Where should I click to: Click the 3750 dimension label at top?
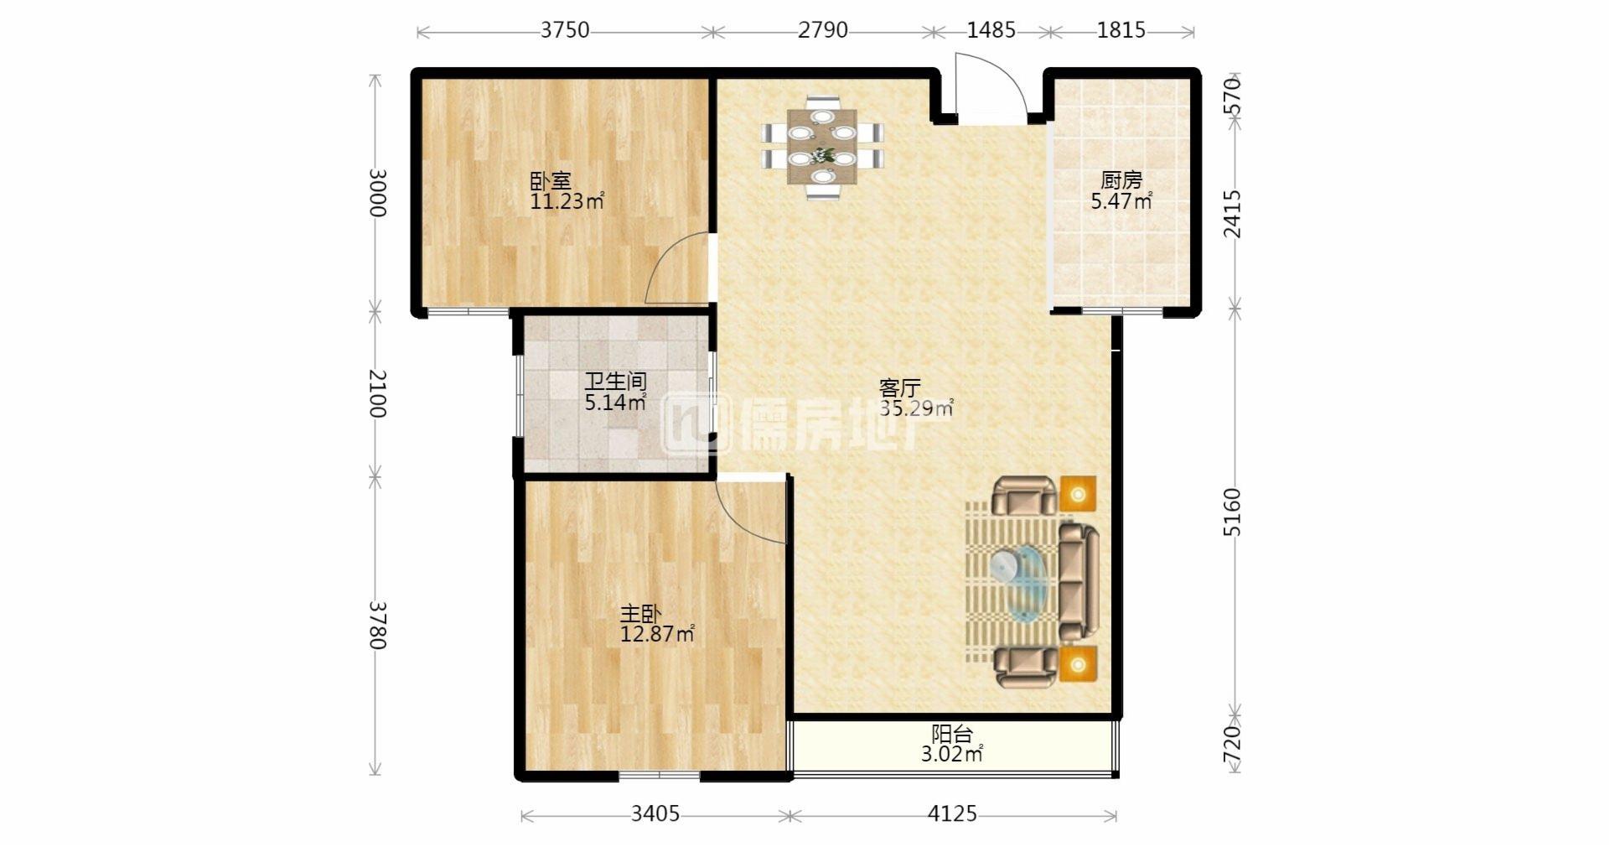pyautogui.click(x=564, y=30)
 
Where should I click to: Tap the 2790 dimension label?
pyautogui.click(x=822, y=30)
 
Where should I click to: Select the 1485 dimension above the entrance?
pyautogui.click(x=991, y=30)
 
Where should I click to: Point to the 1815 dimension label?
pyautogui.click(x=1121, y=30)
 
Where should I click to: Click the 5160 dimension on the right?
pyautogui.click(x=1231, y=512)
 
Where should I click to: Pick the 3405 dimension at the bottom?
pyautogui.click(x=655, y=813)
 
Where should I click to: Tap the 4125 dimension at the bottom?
pyautogui.click(x=952, y=813)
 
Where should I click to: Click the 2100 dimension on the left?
pyautogui.click(x=376, y=393)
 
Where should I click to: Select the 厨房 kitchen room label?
pyautogui.click(x=1121, y=180)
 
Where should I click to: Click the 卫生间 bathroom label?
pyautogui.click(x=615, y=382)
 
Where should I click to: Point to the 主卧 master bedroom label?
pyautogui.click(x=640, y=614)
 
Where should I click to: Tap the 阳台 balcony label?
pyautogui.click(x=952, y=735)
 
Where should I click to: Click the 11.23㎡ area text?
pyautogui.click(x=567, y=201)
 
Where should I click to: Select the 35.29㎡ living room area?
pyautogui.click(x=915, y=409)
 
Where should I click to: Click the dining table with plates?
pyautogui.click(x=822, y=147)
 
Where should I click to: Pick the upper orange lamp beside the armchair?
pyautogui.click(x=1078, y=494)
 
